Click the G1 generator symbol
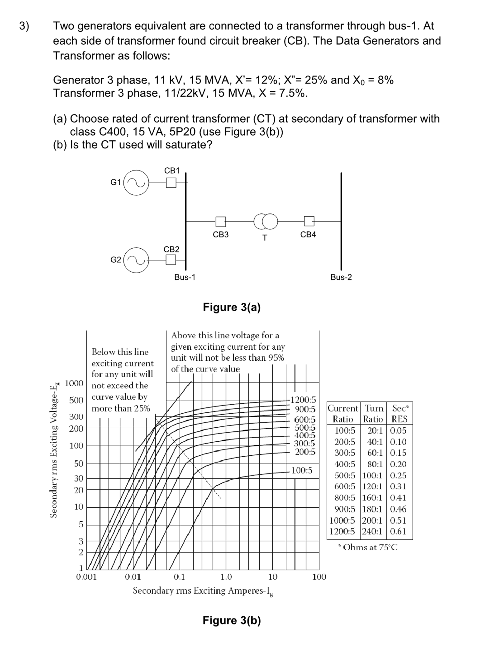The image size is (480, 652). click(x=136, y=183)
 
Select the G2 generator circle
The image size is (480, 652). click(x=136, y=260)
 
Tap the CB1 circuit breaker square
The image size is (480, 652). click(x=171, y=183)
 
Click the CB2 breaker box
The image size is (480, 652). click(x=171, y=260)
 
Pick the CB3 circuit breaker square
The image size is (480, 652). click(x=220, y=221)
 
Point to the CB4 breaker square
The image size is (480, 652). click(x=309, y=221)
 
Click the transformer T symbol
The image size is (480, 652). click(x=266, y=221)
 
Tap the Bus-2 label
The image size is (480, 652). click(x=341, y=277)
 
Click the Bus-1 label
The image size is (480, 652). click(x=185, y=277)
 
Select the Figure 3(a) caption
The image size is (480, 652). click(x=232, y=307)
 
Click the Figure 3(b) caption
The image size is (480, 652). click(x=232, y=620)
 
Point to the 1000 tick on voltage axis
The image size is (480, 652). click(x=74, y=383)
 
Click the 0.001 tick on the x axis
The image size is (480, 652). click(x=86, y=577)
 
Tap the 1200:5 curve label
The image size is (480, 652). click(x=303, y=400)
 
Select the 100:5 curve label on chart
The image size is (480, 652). click(x=302, y=470)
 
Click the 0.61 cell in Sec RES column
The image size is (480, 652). click(x=398, y=531)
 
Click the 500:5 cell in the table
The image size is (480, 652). click(x=345, y=475)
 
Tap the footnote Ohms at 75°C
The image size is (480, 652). click(x=368, y=547)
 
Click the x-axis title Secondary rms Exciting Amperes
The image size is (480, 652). click(x=203, y=591)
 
